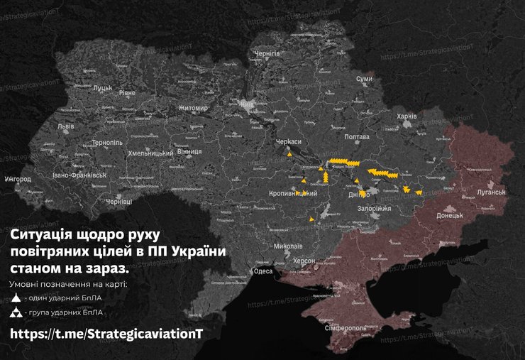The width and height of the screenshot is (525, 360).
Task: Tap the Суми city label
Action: pyautogui.click(x=364, y=79)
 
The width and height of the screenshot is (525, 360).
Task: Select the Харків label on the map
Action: pyautogui.click(x=407, y=116)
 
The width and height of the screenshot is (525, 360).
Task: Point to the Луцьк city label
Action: pyautogui.click(x=103, y=88)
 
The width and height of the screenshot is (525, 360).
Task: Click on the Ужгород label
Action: pyautogui.click(x=17, y=179)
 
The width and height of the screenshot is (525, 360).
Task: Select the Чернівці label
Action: pyautogui.click(x=118, y=202)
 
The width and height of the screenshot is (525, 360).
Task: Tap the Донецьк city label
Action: pyautogui.click(x=449, y=214)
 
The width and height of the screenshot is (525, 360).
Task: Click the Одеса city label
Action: pyautogui.click(x=262, y=271)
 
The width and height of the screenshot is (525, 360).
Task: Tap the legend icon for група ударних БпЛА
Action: pyautogui.click(x=16, y=312)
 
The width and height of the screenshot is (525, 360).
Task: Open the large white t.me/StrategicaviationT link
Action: pyautogui.click(x=106, y=334)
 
